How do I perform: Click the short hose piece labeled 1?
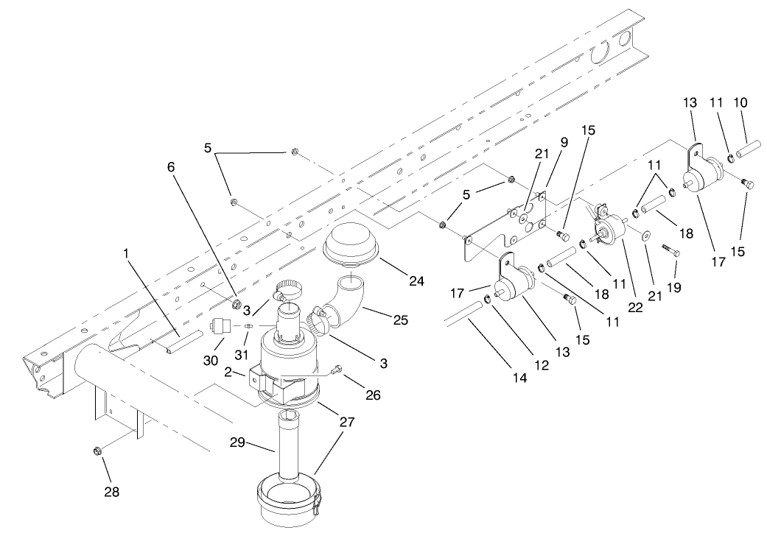click(x=183, y=343)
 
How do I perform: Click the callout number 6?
click(x=172, y=167)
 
